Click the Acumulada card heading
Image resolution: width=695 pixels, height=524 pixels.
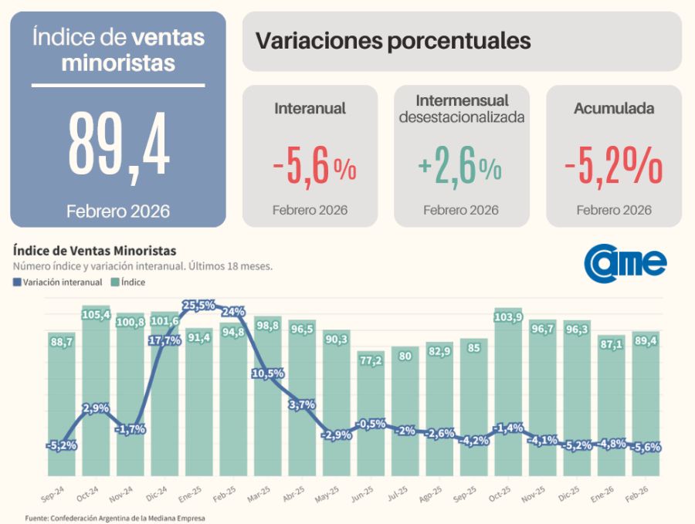[614, 109]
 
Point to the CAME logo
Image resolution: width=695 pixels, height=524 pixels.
[625, 263]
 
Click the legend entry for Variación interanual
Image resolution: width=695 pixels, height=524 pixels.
[58, 282]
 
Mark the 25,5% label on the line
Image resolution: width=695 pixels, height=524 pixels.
[198, 306]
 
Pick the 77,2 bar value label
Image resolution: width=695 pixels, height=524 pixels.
[371, 360]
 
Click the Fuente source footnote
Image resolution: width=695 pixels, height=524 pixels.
[115, 519]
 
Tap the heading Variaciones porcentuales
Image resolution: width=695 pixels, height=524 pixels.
[393, 41]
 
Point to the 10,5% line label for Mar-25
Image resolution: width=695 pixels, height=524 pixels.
[267, 374]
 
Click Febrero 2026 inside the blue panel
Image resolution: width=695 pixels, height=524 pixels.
[118, 211]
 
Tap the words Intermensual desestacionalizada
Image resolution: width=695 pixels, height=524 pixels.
[462, 109]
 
